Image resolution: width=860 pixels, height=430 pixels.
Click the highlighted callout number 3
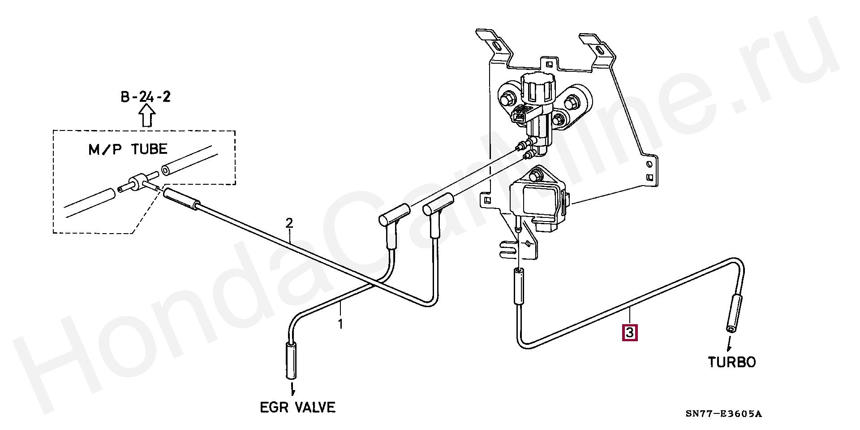click(x=630, y=333)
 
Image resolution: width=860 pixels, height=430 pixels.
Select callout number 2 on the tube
click(x=289, y=223)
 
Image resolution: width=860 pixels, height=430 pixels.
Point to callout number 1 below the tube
click(x=340, y=324)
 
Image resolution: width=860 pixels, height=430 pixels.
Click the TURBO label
click(x=731, y=362)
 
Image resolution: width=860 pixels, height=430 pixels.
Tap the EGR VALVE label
click(x=297, y=407)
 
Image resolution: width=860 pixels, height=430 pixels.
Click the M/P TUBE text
click(x=128, y=149)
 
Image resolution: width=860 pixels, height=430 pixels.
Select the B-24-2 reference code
click(x=146, y=96)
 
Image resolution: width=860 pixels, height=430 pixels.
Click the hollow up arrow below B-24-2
click(x=147, y=116)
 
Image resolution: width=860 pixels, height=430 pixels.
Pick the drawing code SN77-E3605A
click(x=723, y=413)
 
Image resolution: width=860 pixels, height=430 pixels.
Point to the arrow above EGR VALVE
click(x=292, y=388)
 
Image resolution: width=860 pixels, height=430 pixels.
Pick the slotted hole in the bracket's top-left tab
click(x=497, y=45)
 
